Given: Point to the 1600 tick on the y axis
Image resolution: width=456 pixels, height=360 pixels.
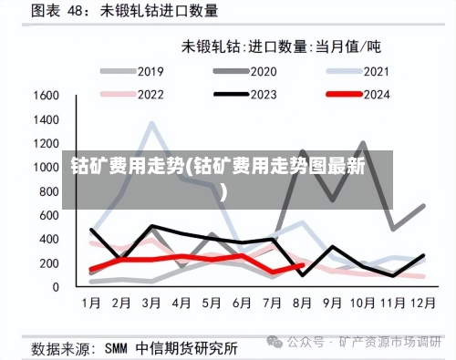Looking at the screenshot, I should [x=47, y=95].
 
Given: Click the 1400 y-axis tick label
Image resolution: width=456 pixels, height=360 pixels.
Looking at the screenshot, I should [x=47, y=118].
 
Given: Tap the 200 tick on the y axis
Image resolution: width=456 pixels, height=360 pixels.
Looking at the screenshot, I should [x=50, y=262].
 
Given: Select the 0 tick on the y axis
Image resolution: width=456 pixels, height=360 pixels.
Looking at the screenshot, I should [x=57, y=287].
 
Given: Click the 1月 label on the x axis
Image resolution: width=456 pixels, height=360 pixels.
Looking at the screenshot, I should [x=92, y=302].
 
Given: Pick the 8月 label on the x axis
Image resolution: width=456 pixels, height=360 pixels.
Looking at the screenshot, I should [x=303, y=302].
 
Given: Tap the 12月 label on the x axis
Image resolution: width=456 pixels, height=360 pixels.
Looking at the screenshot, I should [x=422, y=302].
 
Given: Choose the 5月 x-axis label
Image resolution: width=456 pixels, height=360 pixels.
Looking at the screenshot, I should [x=212, y=302].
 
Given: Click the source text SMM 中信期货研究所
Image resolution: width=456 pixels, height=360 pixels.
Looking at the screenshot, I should [x=173, y=347].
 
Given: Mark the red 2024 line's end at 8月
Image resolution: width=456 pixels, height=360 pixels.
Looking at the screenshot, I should [x=302, y=265].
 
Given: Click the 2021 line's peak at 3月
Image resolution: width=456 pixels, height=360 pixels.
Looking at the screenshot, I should [x=152, y=124].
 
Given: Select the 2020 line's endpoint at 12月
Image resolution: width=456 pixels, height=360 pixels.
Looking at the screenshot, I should [x=423, y=206].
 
